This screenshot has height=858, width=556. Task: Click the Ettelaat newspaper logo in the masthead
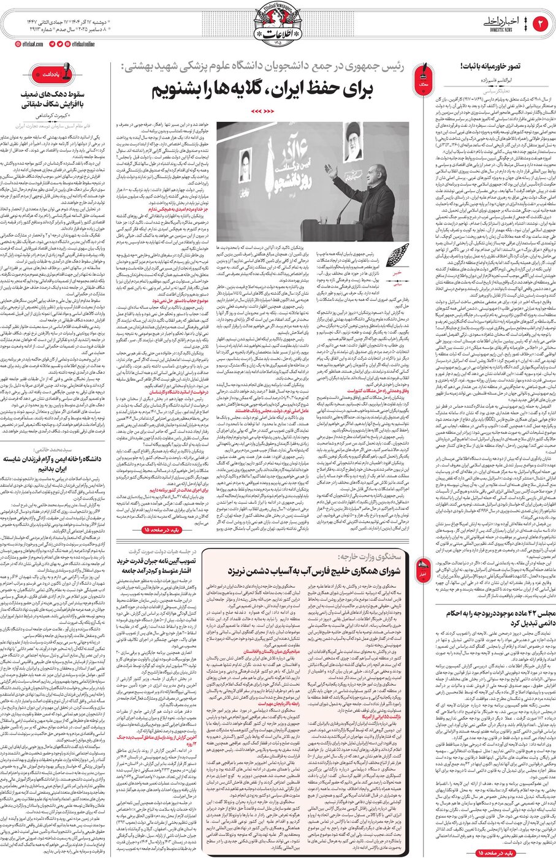279,25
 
